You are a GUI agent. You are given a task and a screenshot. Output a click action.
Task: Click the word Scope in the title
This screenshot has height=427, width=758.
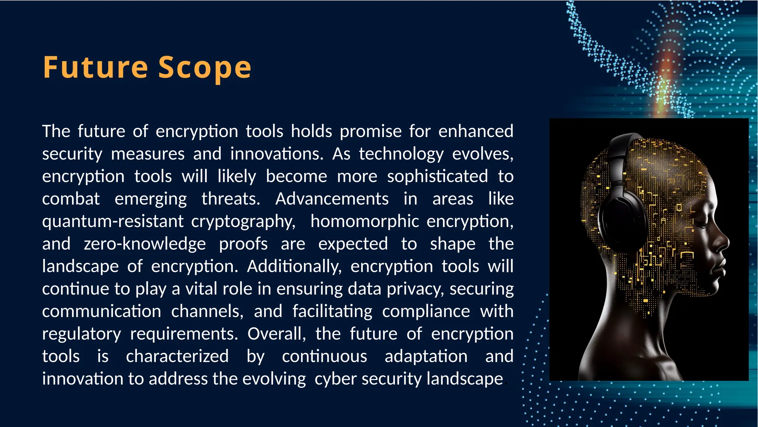[x=205, y=67]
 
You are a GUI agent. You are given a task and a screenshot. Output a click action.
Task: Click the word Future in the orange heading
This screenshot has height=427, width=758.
[x=95, y=67]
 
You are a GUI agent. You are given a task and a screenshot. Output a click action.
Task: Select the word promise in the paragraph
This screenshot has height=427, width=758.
[x=370, y=131]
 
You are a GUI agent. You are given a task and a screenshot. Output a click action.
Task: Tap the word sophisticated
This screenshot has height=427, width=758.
[x=437, y=177]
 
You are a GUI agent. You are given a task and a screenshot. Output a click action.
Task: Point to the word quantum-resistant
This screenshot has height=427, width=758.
[x=113, y=221]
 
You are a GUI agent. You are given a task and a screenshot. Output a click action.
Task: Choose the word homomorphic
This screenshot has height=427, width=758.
[x=365, y=221]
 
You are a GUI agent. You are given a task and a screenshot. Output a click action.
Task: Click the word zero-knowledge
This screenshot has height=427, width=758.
[x=145, y=244]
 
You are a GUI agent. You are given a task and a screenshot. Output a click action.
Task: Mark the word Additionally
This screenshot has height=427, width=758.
[x=294, y=267]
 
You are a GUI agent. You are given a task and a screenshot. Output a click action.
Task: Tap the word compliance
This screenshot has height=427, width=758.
[x=426, y=311]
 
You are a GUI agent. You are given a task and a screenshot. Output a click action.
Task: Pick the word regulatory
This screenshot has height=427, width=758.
[x=81, y=334]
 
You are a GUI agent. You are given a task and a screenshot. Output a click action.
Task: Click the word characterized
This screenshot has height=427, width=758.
[x=177, y=357]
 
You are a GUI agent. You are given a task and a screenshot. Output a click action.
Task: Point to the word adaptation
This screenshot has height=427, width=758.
[x=426, y=357]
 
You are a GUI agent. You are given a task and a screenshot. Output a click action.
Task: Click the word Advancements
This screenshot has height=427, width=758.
[x=332, y=199]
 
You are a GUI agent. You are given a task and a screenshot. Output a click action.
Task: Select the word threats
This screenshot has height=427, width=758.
[x=231, y=199]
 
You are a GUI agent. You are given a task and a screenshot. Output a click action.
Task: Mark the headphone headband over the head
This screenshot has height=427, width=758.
[x=618, y=152]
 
